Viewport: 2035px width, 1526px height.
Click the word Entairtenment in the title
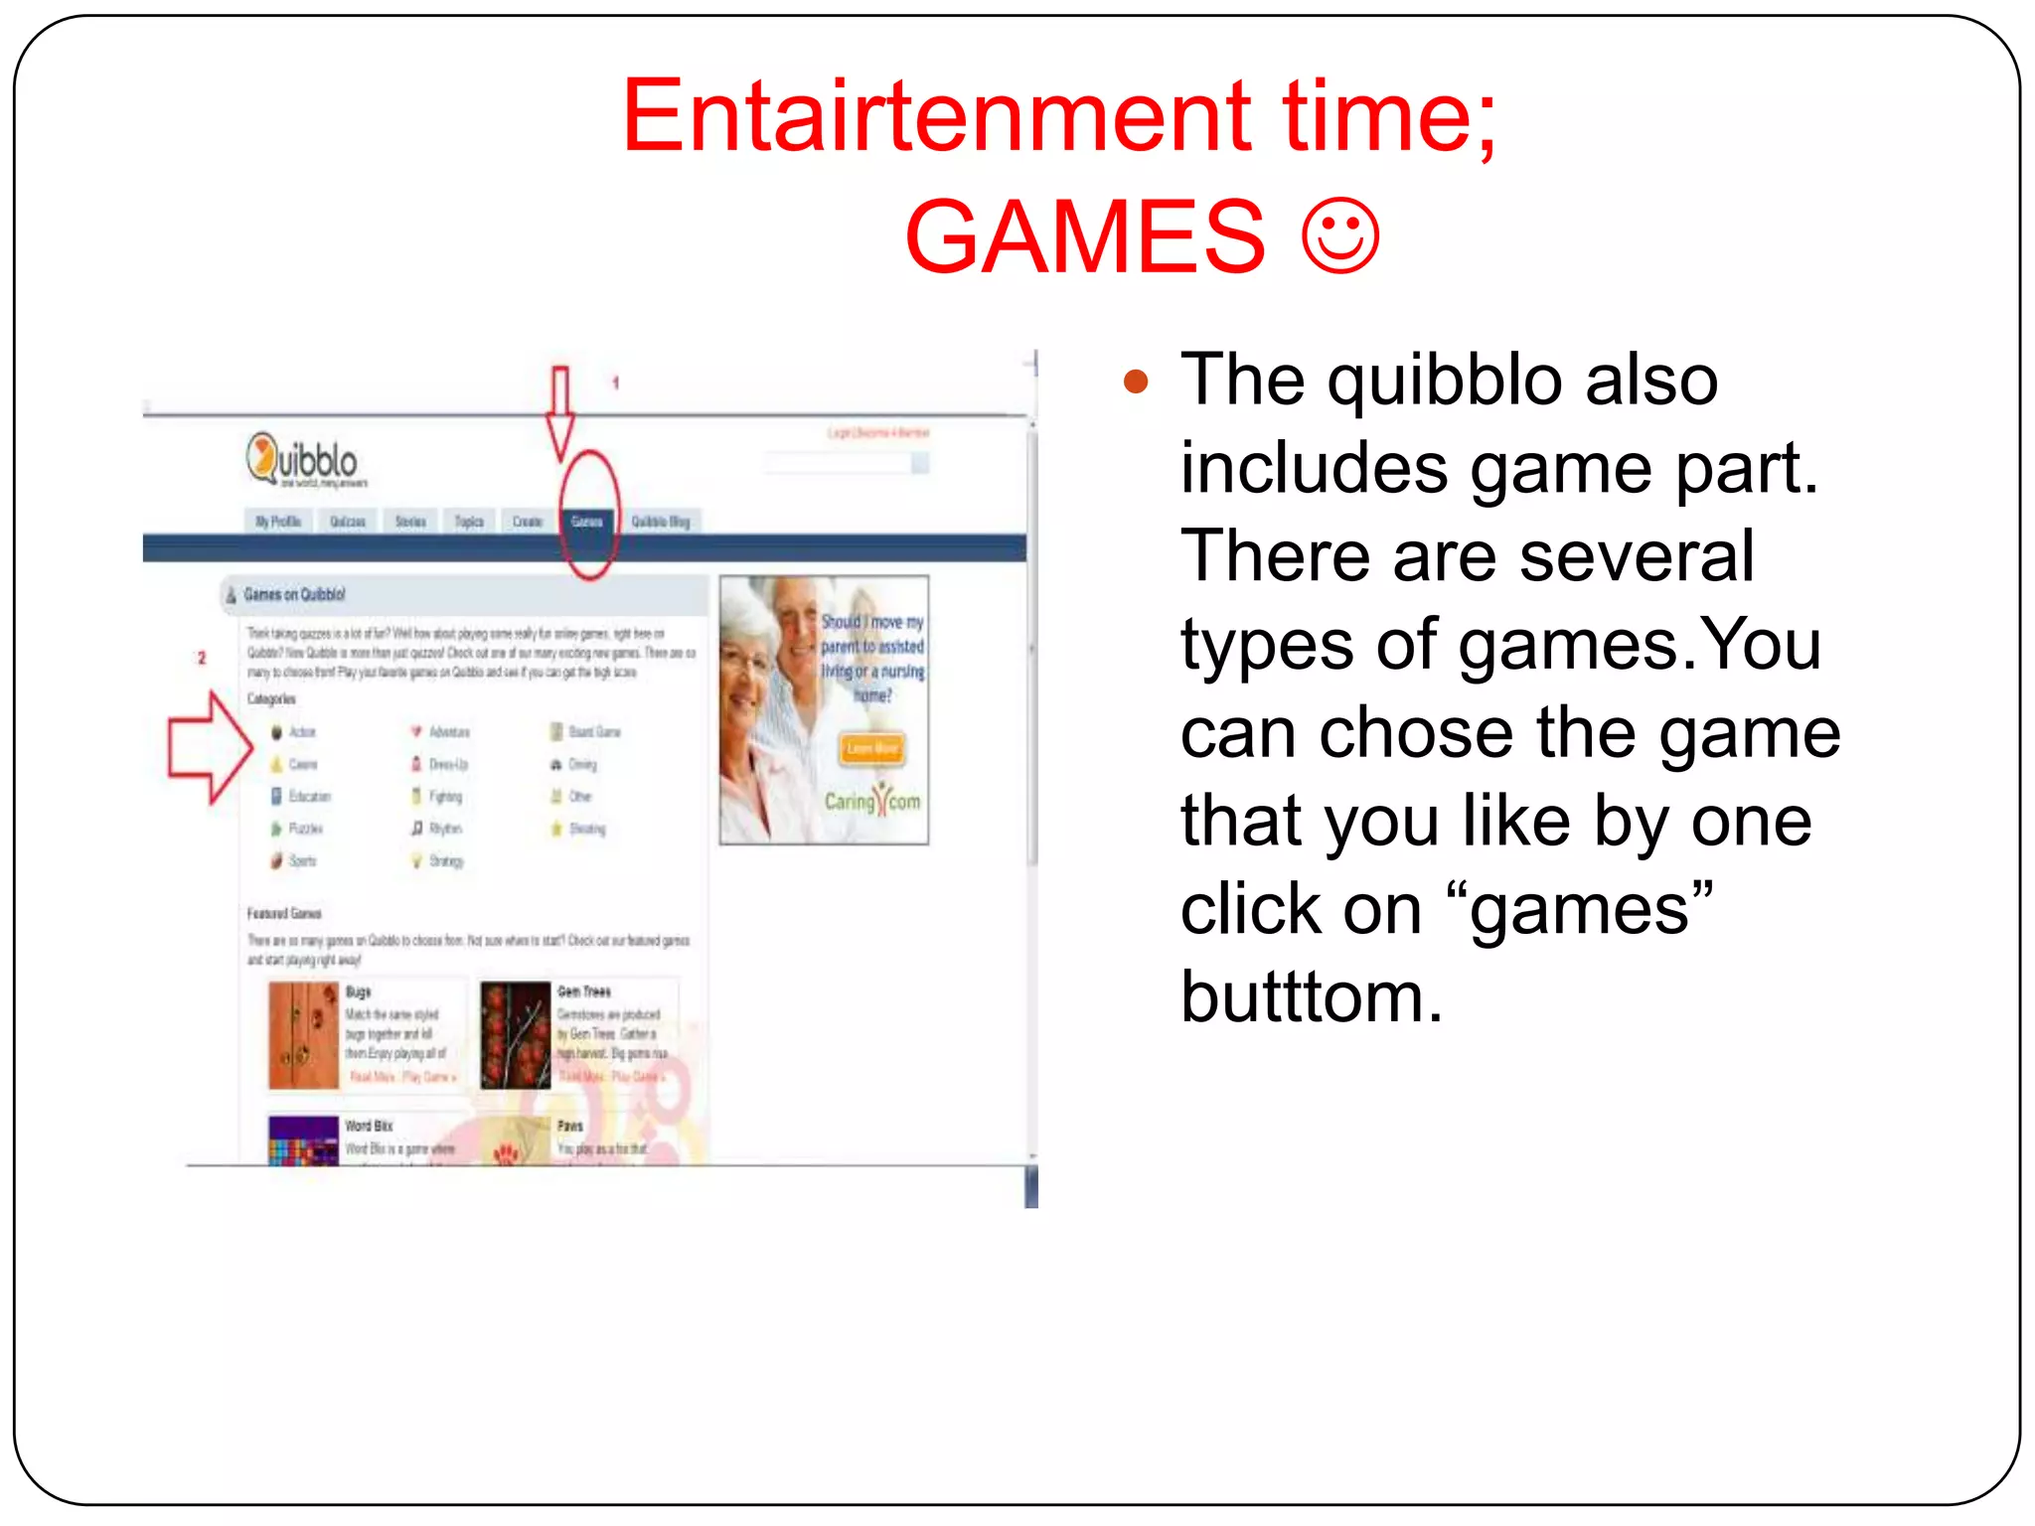tap(936, 117)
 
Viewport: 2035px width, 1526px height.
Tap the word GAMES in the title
tap(1085, 236)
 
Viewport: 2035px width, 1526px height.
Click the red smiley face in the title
tap(1341, 236)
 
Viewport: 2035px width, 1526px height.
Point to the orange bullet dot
tap(1136, 381)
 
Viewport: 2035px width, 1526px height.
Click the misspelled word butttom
tap(1312, 997)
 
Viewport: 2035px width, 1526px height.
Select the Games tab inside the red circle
tap(587, 522)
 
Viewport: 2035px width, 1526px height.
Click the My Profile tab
tap(278, 522)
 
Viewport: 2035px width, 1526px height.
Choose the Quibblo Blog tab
tap(661, 522)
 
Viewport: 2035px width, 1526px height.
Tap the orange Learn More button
tap(871, 748)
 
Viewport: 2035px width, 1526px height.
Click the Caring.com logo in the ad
tap(871, 801)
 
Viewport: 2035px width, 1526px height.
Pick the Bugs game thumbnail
tap(303, 1035)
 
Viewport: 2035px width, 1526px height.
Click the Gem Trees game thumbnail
tap(515, 1035)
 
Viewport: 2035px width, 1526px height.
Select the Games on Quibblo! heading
tap(294, 595)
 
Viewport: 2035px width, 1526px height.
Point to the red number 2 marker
tap(202, 658)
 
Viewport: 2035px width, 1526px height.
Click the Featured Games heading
tap(284, 913)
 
